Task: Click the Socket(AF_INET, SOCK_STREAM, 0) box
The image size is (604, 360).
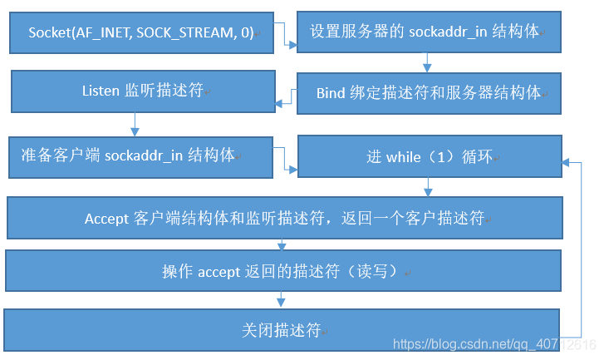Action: click(141, 33)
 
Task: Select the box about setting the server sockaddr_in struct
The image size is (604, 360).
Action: click(428, 33)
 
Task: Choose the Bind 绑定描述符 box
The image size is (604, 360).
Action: click(428, 92)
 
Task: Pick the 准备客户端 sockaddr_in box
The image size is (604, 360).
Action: click(141, 156)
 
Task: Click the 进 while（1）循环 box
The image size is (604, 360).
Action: click(428, 156)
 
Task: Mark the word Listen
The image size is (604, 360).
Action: click(101, 91)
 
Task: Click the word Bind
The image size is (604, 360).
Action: click(331, 93)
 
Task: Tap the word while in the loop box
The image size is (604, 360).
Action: click(404, 156)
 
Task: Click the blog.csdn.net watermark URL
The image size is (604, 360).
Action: click(494, 344)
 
